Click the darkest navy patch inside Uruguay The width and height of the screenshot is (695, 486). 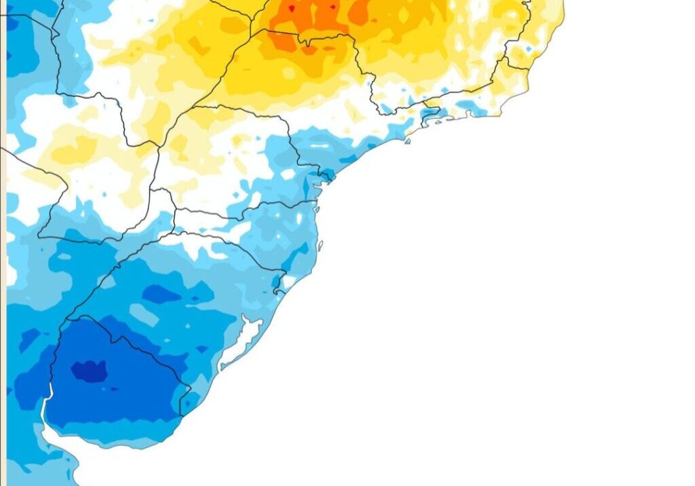[89, 371]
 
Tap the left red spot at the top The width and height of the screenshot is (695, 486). [291, 9]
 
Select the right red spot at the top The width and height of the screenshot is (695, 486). [333, 8]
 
